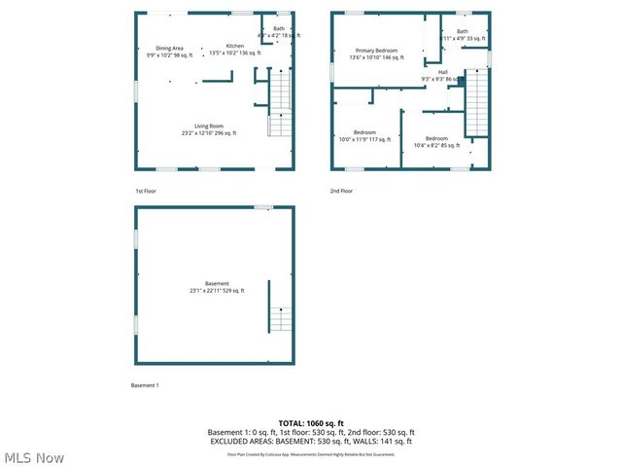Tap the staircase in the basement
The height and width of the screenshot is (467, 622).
[280, 318]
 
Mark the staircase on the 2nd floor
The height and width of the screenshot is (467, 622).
[476, 103]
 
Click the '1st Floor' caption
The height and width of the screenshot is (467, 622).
[146, 191]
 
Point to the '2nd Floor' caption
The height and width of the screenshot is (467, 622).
[341, 191]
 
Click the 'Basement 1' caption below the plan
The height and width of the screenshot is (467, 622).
[145, 385]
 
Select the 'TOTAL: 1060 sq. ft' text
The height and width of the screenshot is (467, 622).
[311, 423]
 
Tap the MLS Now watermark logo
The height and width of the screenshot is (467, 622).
[34, 457]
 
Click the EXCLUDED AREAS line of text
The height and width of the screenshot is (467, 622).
[311, 441]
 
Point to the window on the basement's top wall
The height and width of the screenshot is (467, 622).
[262, 207]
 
